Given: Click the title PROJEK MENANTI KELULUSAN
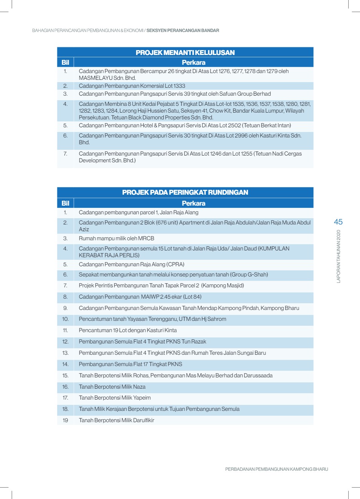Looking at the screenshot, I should coord(185,53).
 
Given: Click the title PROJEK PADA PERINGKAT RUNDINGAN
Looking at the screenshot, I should coord(185,192).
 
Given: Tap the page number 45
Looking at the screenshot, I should coord(338,222).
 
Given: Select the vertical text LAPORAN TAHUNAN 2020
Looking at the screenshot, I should coord(339,256).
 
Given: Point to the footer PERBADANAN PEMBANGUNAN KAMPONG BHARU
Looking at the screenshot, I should coord(276,469).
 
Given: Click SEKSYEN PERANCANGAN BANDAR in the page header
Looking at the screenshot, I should coord(182,31).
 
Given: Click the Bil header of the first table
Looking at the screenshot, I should coord(65,63).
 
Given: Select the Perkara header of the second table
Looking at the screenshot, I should coord(193,203).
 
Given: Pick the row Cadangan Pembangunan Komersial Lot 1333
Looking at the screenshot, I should coord(132,86).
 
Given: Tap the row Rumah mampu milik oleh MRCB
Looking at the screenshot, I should coord(116,238).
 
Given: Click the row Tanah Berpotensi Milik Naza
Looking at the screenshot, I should coord(112,387).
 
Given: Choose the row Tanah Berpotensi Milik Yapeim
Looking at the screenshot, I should coord(115,398).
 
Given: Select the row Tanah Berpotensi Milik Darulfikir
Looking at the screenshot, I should coord(116,420).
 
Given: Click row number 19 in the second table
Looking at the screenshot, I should coord(65,420).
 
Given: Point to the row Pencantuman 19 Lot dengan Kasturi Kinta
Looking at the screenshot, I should coord(128,330).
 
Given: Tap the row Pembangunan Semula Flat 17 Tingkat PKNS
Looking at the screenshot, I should coord(130,364).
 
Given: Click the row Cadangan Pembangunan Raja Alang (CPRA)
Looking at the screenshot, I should coord(132,264).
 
